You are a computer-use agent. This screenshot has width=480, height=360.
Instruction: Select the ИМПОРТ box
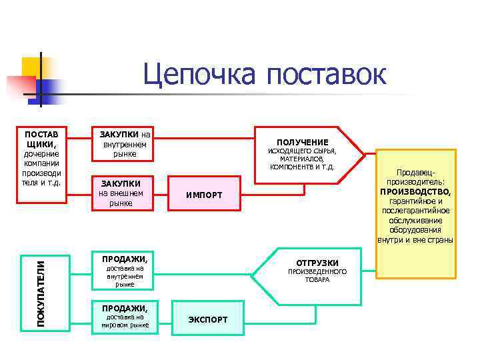pyautogui.click(x=203, y=194)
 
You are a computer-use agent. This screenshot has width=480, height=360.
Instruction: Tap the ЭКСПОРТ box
pyautogui.click(x=207, y=319)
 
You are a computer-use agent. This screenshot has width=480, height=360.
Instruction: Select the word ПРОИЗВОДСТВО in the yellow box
pyautogui.click(x=415, y=191)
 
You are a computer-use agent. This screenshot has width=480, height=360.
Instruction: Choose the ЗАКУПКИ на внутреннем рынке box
pyautogui.click(x=125, y=143)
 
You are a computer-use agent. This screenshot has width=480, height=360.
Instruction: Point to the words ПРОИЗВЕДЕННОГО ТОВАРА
pyautogui.click(x=317, y=276)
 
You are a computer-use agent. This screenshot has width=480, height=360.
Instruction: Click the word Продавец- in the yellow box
pyautogui.click(x=415, y=172)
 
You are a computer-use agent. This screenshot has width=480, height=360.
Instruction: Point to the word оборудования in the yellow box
pyautogui.click(x=415, y=230)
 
